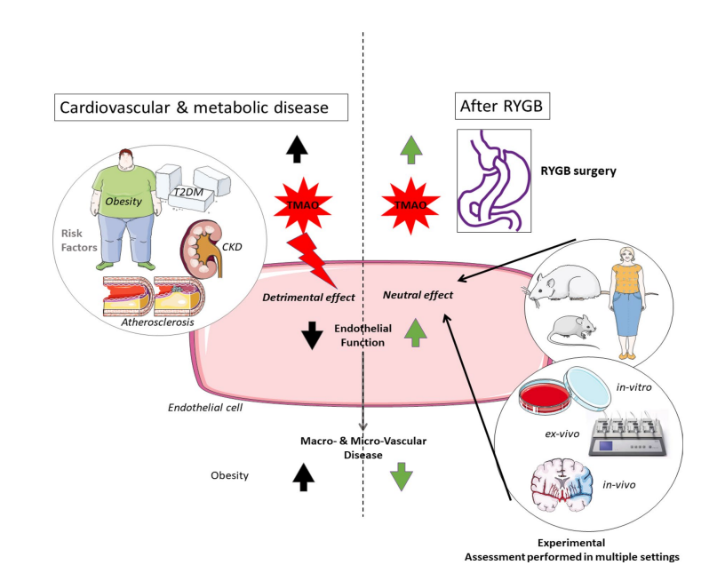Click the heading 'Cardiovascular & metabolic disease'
tap(194, 107)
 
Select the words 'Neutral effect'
tap(418, 294)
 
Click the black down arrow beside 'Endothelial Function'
tap(312, 334)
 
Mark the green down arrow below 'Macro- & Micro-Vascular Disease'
tap(402, 477)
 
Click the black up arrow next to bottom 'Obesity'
tap(304, 477)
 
